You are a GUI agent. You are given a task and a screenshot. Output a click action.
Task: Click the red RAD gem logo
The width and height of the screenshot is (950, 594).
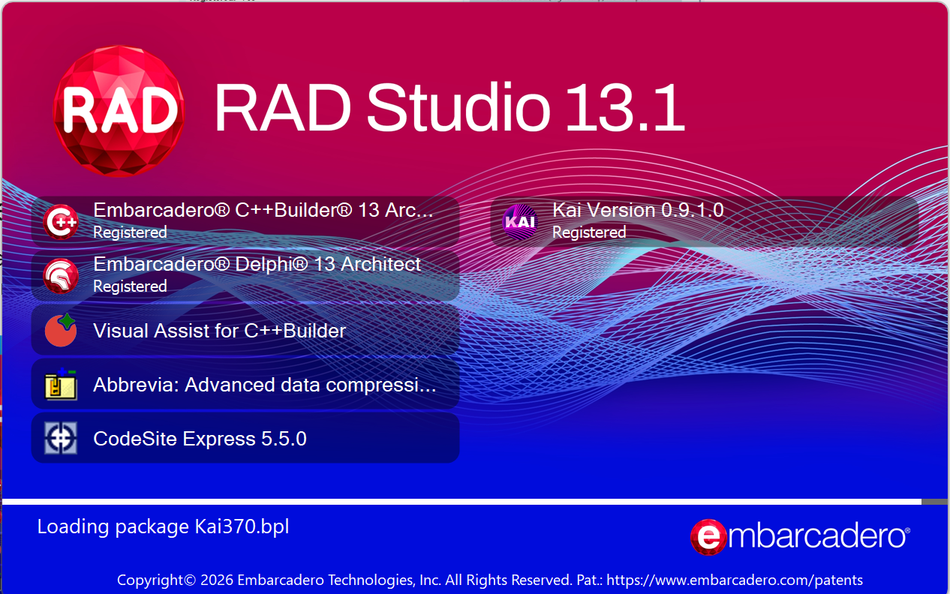coord(119,111)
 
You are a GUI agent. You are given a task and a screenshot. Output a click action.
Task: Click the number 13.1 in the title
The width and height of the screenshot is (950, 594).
coord(624,109)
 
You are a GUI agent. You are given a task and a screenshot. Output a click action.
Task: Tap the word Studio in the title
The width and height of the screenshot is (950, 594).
coord(458,108)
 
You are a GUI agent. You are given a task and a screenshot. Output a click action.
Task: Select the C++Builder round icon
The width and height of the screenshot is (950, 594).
coord(61,222)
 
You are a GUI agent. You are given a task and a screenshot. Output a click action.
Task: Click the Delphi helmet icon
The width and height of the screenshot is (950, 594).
coord(61,275)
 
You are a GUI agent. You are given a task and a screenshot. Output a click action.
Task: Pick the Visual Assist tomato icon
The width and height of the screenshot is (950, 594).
coord(61,330)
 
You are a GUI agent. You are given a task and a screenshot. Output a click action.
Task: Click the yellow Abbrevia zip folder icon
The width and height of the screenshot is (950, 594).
coord(61,384)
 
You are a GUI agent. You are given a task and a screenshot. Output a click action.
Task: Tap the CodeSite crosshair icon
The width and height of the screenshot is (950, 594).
coord(61,438)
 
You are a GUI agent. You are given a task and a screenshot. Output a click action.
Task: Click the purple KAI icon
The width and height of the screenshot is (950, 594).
coord(520,222)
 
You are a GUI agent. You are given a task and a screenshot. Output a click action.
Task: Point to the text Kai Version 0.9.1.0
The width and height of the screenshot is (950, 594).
coord(638,210)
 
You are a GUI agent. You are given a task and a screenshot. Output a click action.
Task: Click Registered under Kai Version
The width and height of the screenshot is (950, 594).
coord(589,232)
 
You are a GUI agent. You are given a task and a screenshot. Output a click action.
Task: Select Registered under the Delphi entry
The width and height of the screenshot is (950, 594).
coord(130,286)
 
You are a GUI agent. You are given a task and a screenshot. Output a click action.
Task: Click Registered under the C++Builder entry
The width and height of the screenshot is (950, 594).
coord(130,232)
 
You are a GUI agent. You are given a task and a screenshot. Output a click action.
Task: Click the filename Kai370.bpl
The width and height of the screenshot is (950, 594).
coord(242,526)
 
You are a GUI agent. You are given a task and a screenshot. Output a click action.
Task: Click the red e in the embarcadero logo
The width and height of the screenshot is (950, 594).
coord(708,537)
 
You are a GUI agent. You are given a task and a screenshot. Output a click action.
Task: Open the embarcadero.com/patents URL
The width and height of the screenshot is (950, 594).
coord(735,580)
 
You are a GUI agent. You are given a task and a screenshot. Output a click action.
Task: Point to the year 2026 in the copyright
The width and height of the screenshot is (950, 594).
coord(217,580)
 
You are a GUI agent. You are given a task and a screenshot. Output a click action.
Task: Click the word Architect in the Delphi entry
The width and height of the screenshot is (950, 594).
coord(380,264)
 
